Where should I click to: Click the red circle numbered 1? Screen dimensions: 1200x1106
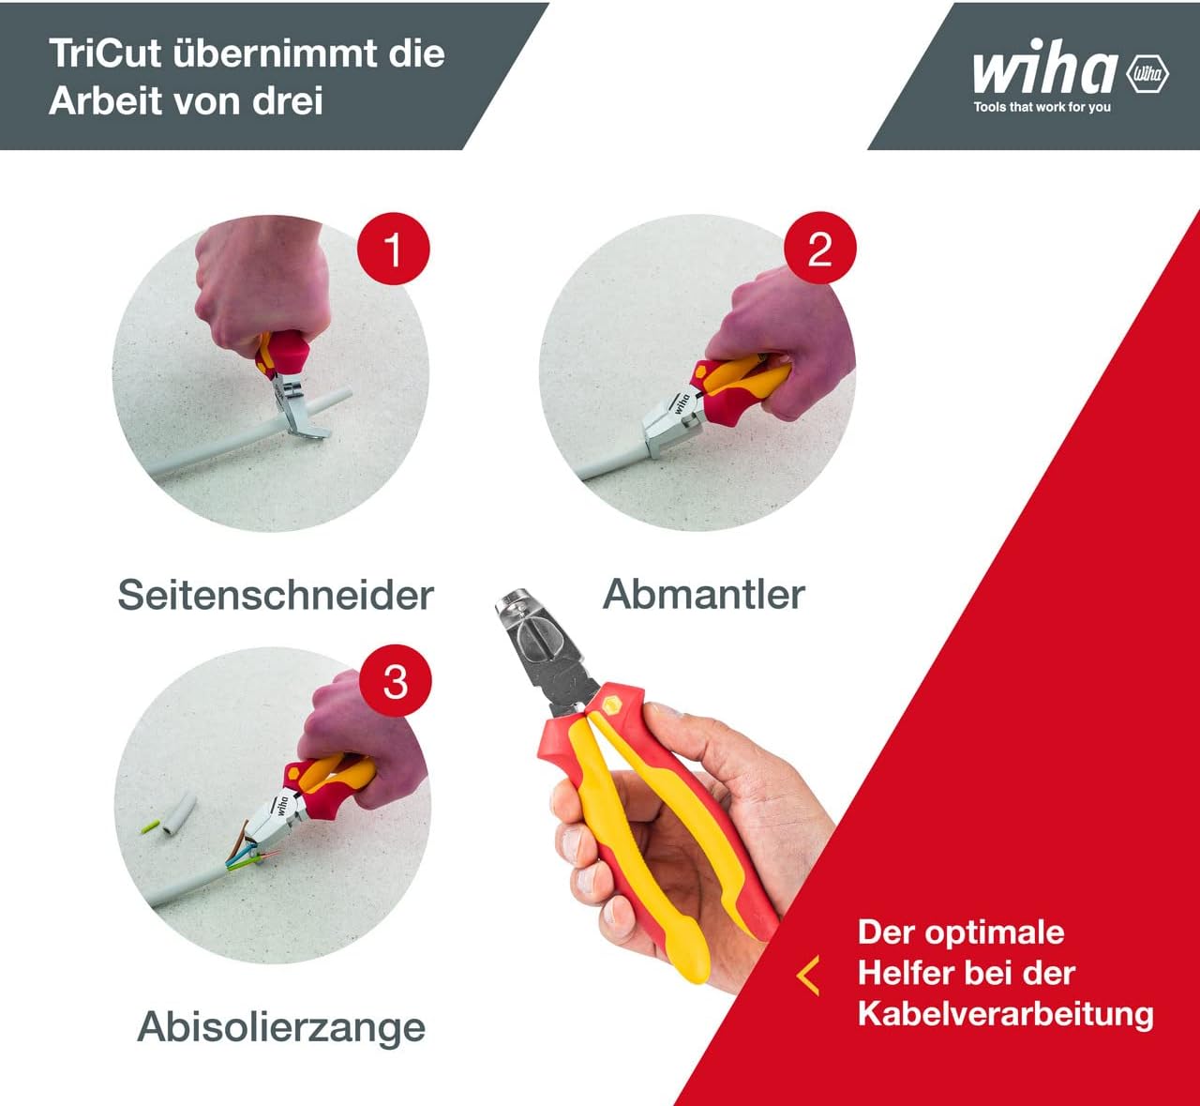pos(393,249)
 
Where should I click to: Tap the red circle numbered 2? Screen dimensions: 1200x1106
pos(819,248)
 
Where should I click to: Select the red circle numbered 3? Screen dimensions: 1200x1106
pos(395,681)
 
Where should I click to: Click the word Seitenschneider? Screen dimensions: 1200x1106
pos(276,596)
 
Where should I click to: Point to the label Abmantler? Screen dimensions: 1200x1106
pos(703,594)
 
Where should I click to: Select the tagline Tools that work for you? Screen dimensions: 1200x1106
pos(1042,107)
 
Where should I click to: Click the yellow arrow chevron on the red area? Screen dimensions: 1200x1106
pos(807,976)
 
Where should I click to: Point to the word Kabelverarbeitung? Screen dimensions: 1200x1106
pos(1006,1015)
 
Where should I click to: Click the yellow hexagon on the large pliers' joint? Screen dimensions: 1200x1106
pos(612,706)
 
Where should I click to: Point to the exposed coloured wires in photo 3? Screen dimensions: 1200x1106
pos(251,852)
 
